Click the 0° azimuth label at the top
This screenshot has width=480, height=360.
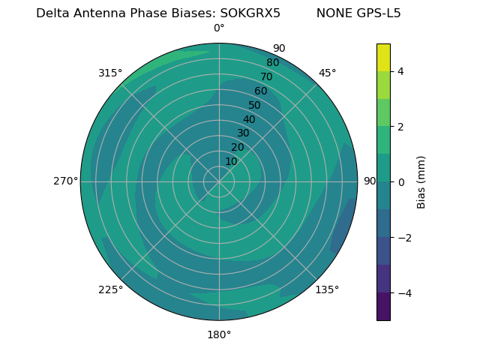pos(219,28)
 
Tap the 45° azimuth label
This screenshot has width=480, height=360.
pos(327,73)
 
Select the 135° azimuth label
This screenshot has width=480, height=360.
pos(327,289)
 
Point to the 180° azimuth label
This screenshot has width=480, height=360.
pos(219,334)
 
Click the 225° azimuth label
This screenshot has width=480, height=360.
pos(110,289)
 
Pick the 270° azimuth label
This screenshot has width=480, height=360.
pos(65,181)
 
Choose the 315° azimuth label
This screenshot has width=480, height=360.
pos(110,73)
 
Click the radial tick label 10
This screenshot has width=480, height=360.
pos(231,161)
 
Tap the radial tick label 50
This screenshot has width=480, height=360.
pos(255,105)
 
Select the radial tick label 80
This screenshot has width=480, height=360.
pos(272,62)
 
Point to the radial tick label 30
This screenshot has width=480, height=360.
pos(243,133)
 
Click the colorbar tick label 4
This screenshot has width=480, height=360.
pos(400,71)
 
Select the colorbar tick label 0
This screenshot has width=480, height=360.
pos(400,182)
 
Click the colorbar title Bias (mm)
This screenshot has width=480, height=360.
pos(421,182)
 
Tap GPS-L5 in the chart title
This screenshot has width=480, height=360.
pos(379,13)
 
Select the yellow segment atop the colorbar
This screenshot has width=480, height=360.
pos(383,57)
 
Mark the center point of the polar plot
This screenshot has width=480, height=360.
pos(219,181)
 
